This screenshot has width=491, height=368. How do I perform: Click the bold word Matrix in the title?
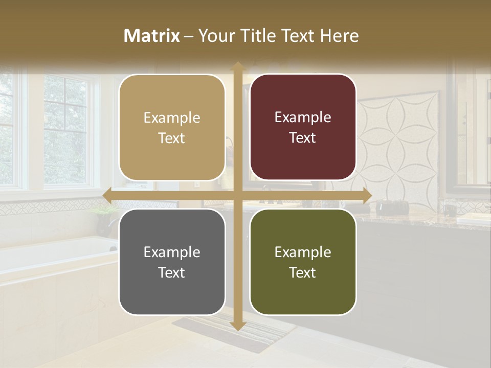coord(152,36)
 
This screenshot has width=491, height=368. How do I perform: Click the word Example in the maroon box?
coord(303,118)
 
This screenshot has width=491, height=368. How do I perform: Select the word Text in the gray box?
coord(171,272)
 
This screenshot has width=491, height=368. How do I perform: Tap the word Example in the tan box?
coord(172,118)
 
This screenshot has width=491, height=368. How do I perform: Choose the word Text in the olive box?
coord(303,272)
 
